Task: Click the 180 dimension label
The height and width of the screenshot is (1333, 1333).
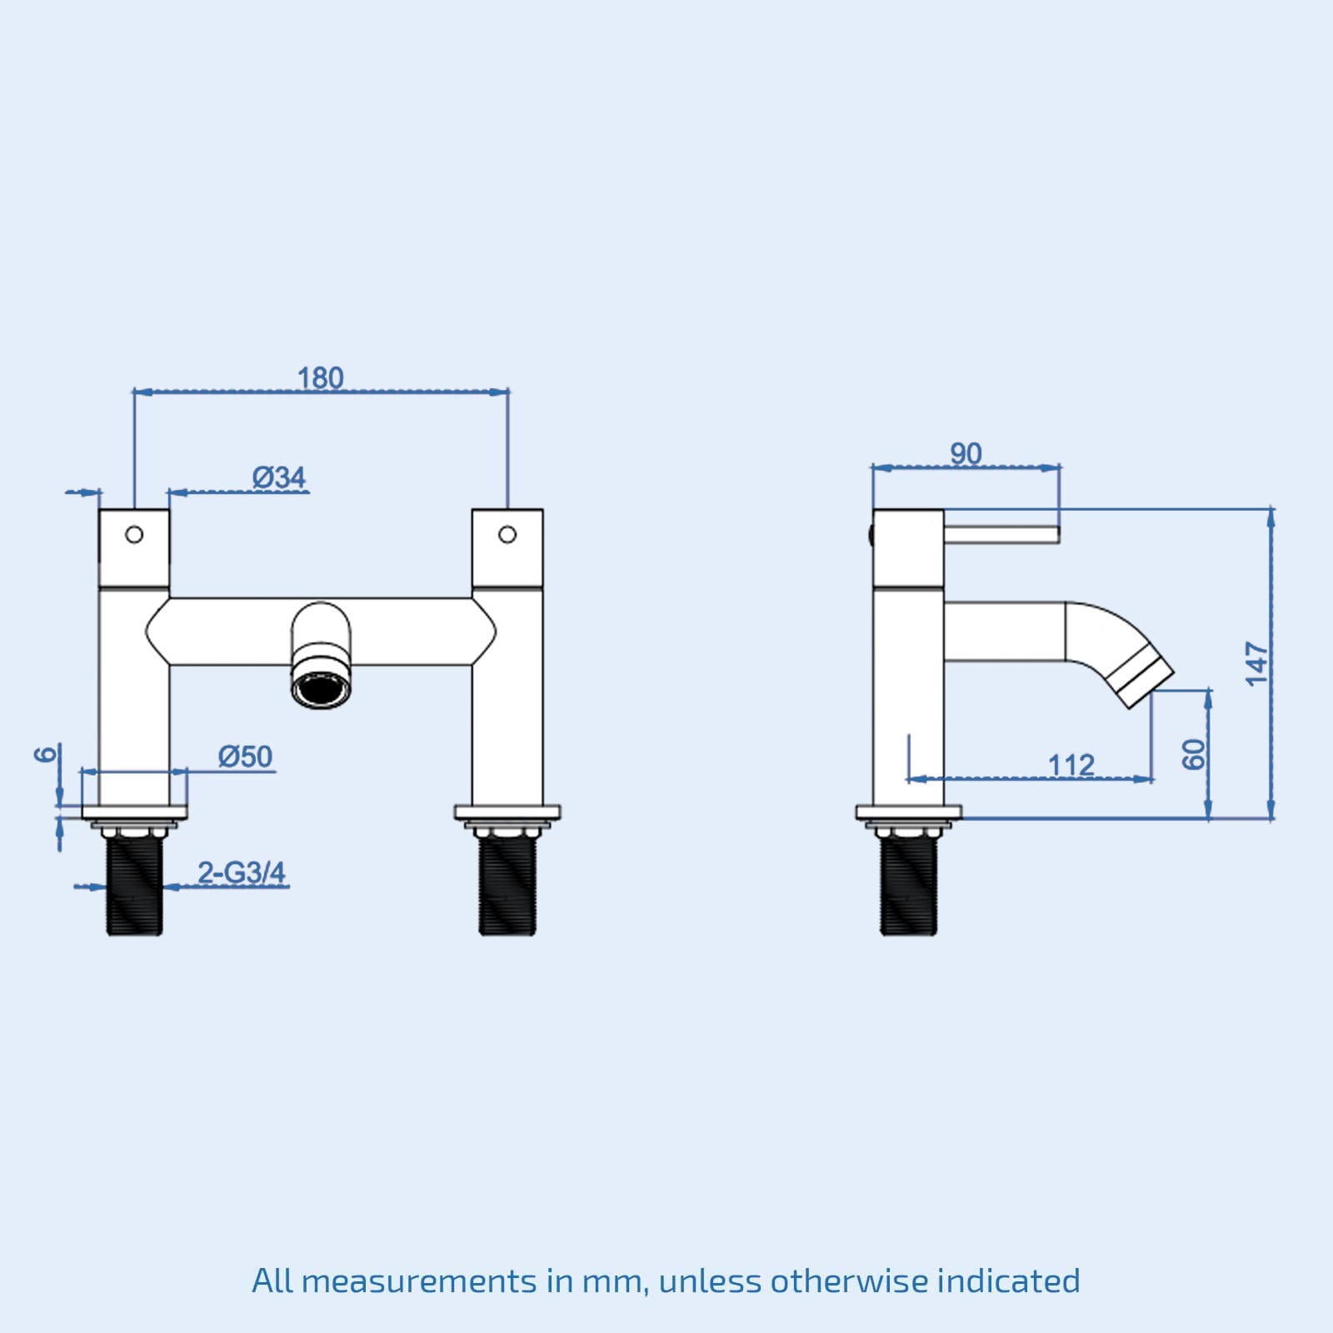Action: (x=321, y=377)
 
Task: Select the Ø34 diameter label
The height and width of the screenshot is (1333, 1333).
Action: (x=279, y=477)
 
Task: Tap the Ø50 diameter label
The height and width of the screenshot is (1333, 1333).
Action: (x=246, y=756)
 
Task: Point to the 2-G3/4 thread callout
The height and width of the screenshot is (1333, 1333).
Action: (x=242, y=872)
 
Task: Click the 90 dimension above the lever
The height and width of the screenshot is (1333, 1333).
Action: (x=966, y=453)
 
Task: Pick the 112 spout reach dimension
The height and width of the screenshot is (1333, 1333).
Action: (x=1071, y=764)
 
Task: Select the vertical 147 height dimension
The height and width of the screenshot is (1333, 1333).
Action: (x=1256, y=664)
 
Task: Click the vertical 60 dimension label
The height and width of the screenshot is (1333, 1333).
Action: (x=1194, y=754)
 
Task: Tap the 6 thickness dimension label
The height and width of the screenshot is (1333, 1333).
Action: (x=47, y=754)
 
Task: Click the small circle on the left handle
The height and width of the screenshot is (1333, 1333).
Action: (x=134, y=535)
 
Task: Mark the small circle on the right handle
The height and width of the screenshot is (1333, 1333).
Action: (x=507, y=535)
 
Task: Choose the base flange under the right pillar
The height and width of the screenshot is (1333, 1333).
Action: (x=507, y=811)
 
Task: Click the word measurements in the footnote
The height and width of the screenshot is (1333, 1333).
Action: (x=419, y=1281)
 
